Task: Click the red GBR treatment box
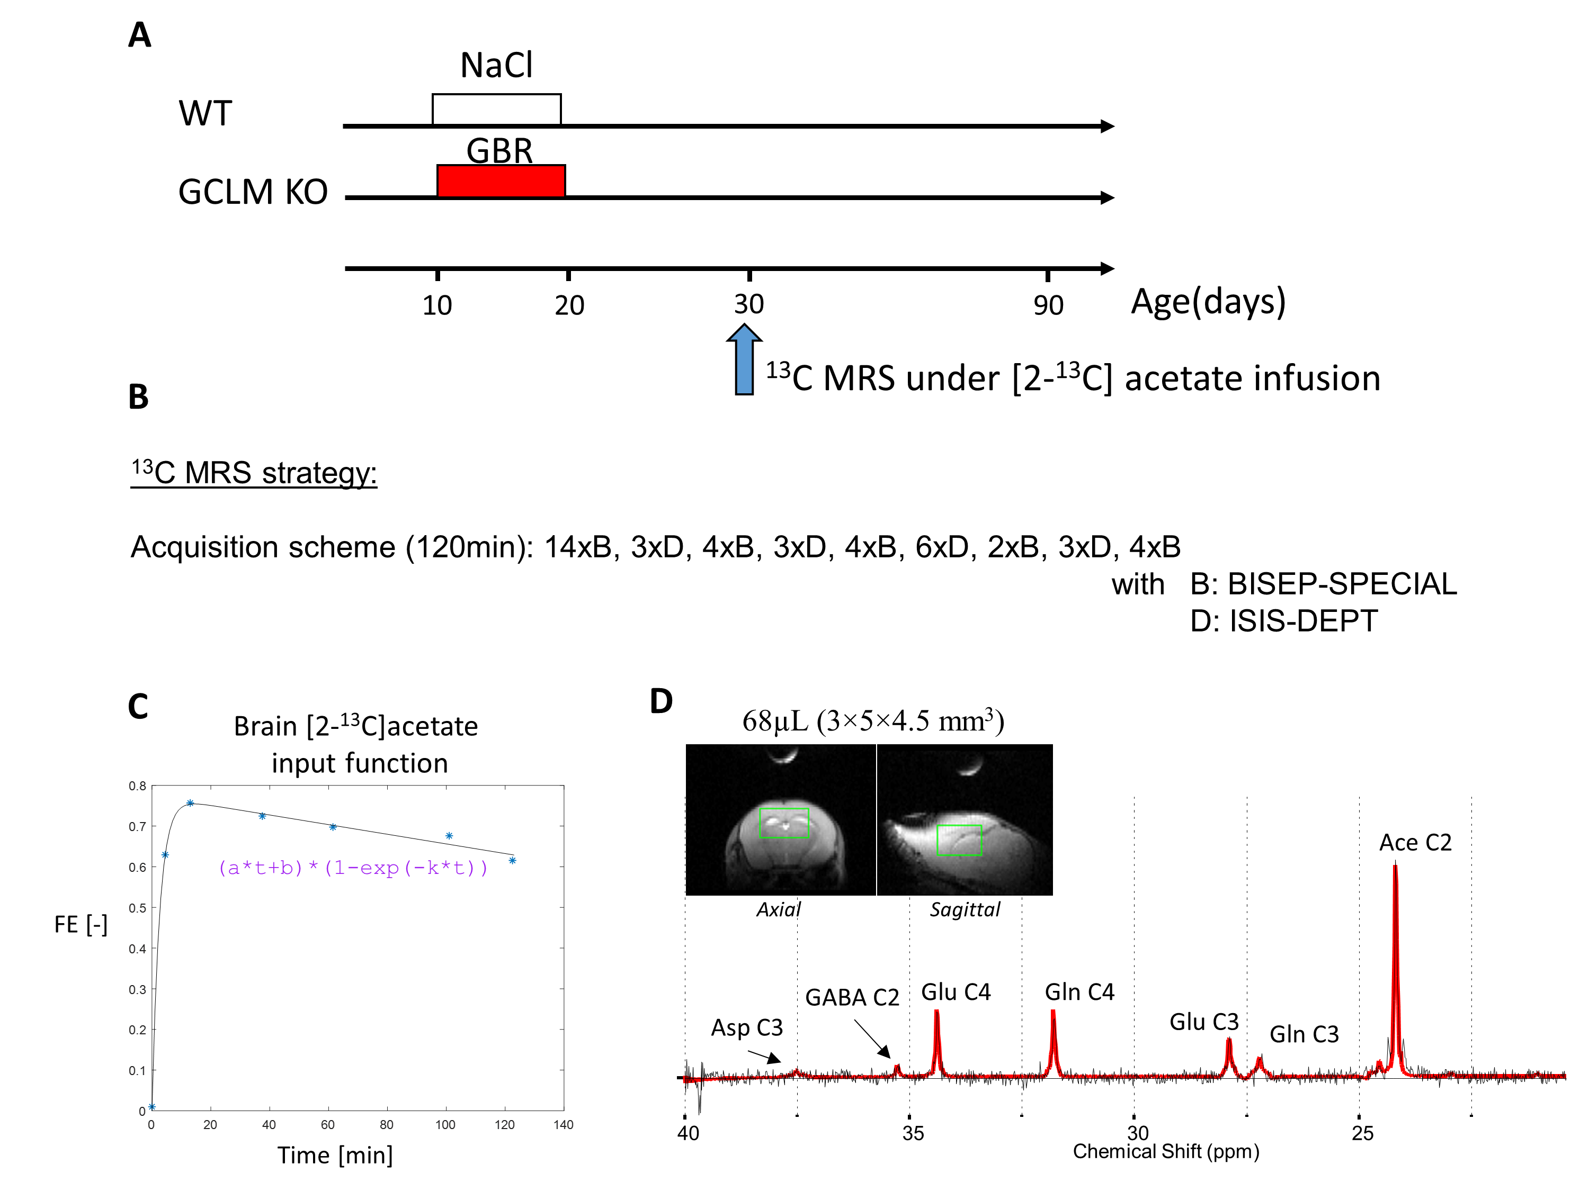(x=501, y=181)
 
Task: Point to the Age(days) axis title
(x=1208, y=302)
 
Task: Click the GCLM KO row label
(x=253, y=192)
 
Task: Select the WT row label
(x=206, y=113)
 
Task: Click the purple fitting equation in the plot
(x=352, y=868)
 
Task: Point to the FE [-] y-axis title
(x=81, y=924)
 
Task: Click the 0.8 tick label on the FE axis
(x=137, y=786)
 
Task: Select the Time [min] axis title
(x=335, y=1155)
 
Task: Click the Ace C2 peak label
(x=1414, y=842)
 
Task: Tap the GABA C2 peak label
(x=852, y=997)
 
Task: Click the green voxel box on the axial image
(x=784, y=823)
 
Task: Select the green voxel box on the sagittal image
(x=959, y=840)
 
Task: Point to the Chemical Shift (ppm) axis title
(x=1165, y=1151)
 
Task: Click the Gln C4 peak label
(x=1079, y=991)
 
